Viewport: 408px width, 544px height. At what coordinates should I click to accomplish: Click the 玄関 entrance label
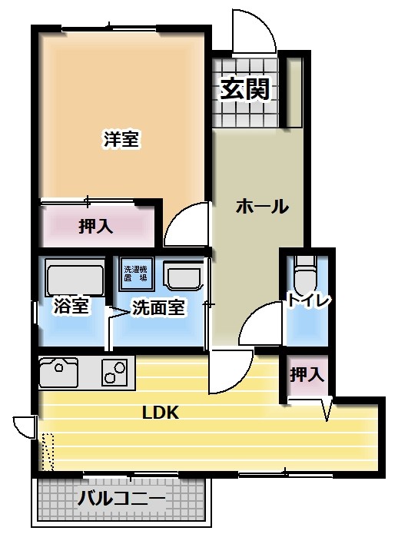click(245, 89)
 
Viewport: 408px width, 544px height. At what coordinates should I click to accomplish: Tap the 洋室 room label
click(121, 139)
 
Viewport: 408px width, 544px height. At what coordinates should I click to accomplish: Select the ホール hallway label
click(262, 207)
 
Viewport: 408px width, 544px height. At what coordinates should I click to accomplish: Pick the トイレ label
click(308, 300)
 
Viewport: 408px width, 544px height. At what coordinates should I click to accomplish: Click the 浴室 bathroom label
click(71, 306)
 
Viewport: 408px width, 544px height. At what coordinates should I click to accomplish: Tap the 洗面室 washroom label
click(158, 307)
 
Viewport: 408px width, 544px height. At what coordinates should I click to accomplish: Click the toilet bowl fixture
click(306, 274)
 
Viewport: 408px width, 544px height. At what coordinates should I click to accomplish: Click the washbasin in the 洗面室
click(184, 275)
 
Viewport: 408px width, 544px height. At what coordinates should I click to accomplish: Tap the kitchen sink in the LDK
click(58, 373)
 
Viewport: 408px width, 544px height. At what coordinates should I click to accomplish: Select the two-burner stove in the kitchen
click(114, 372)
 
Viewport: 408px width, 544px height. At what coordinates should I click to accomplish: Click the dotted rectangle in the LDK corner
click(48, 452)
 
